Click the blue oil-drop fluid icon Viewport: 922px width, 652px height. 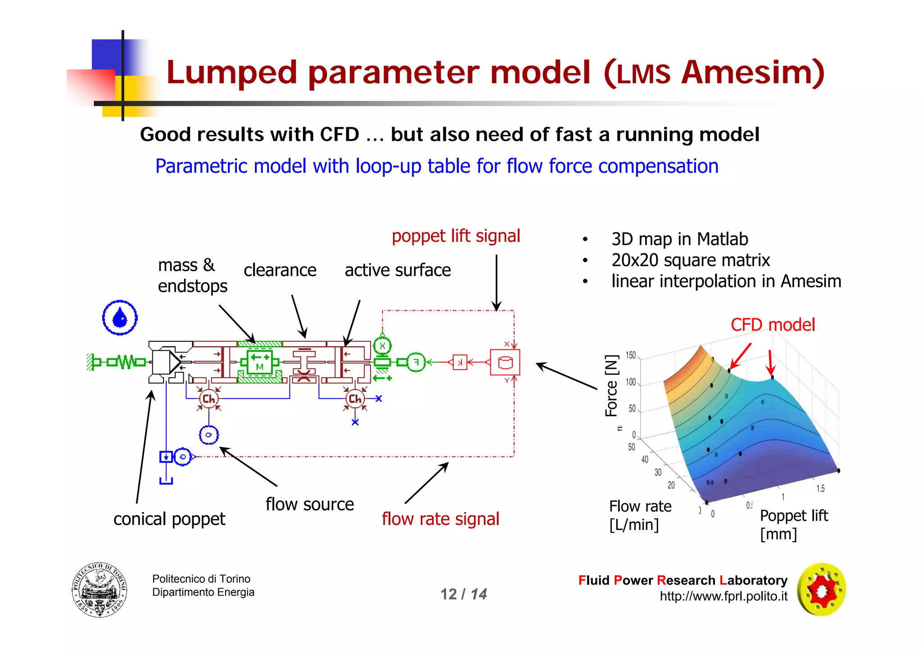[120, 318]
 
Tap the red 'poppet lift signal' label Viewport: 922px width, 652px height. [456, 236]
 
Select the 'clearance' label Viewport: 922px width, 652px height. [280, 270]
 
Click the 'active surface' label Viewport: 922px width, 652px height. [398, 270]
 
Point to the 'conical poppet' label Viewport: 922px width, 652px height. [169, 519]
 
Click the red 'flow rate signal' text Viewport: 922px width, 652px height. [440, 519]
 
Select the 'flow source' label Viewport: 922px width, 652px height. [310, 504]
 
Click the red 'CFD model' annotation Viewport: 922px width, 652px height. [773, 325]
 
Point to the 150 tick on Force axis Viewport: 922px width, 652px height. [631, 355]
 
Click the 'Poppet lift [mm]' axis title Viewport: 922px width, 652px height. [794, 525]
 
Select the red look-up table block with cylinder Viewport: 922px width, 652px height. [505, 362]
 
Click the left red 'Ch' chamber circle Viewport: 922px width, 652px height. [208, 399]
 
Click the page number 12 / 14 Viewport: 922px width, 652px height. [464, 594]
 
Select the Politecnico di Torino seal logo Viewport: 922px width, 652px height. [99, 590]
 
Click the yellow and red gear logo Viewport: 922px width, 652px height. [822, 589]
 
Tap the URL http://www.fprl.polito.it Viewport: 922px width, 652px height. [723, 597]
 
